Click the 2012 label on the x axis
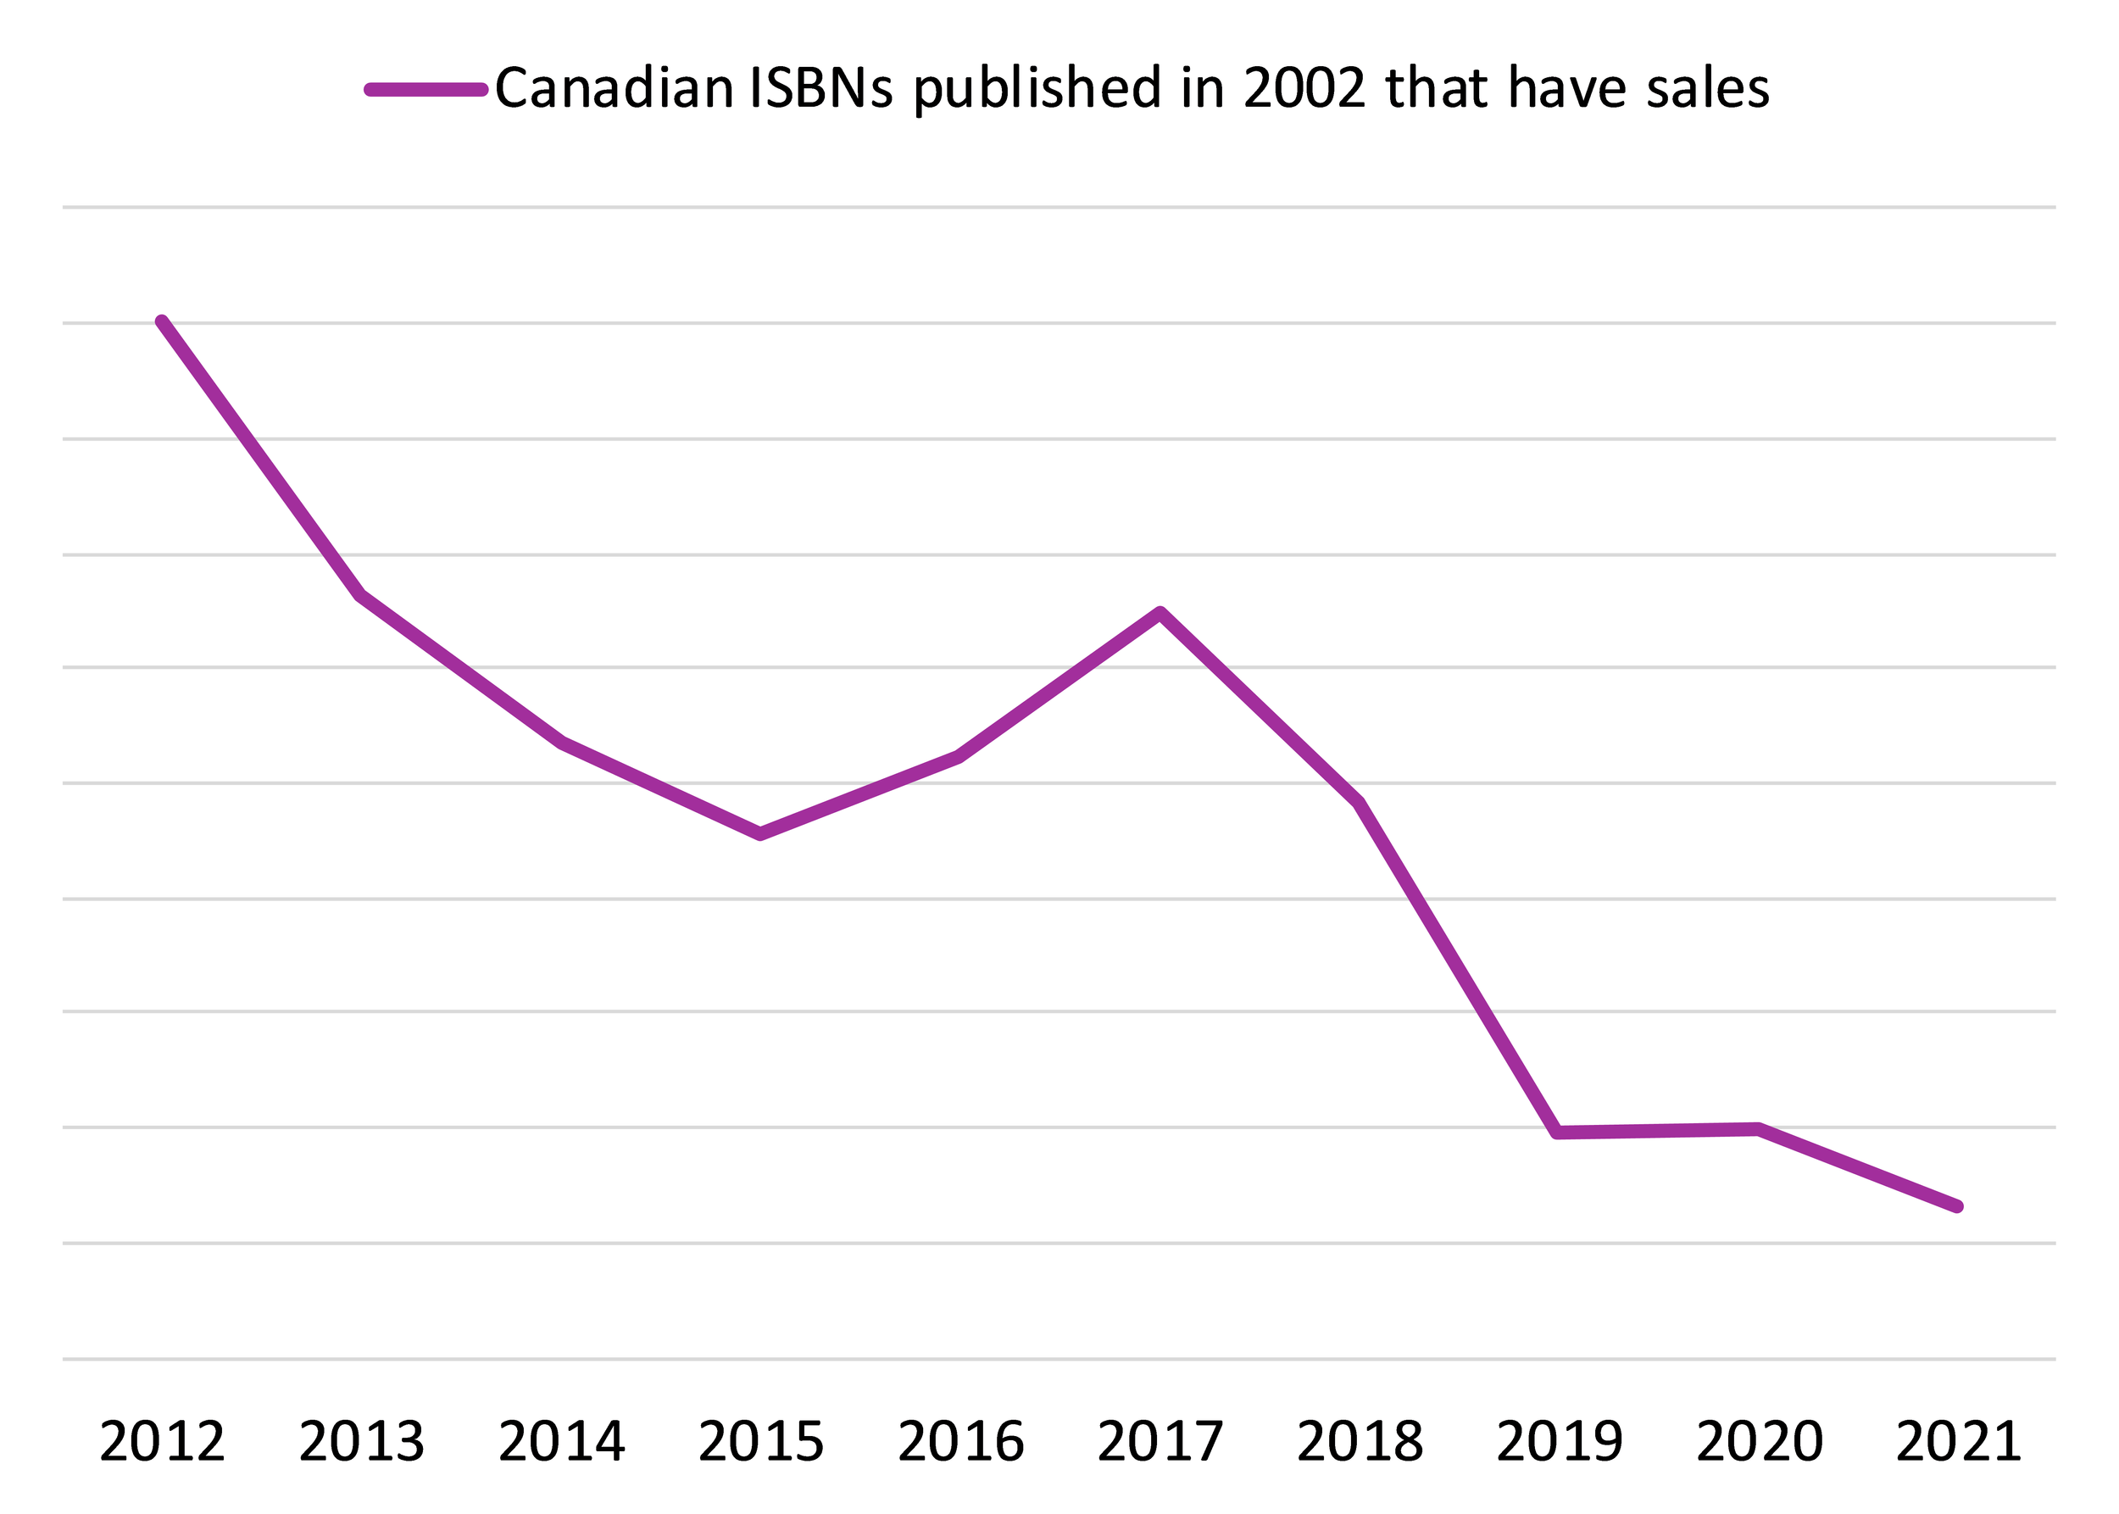(162, 1442)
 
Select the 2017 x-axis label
(1160, 1442)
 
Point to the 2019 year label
(1560, 1442)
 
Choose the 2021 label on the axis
(1959, 1442)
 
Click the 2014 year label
(561, 1442)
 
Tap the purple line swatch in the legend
(426, 90)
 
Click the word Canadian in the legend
(615, 90)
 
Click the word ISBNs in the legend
(820, 90)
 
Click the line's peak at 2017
(1160, 613)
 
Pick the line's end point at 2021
(1958, 1206)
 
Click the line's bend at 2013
(362, 595)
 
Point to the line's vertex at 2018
(1360, 803)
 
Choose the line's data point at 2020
(1758, 1129)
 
